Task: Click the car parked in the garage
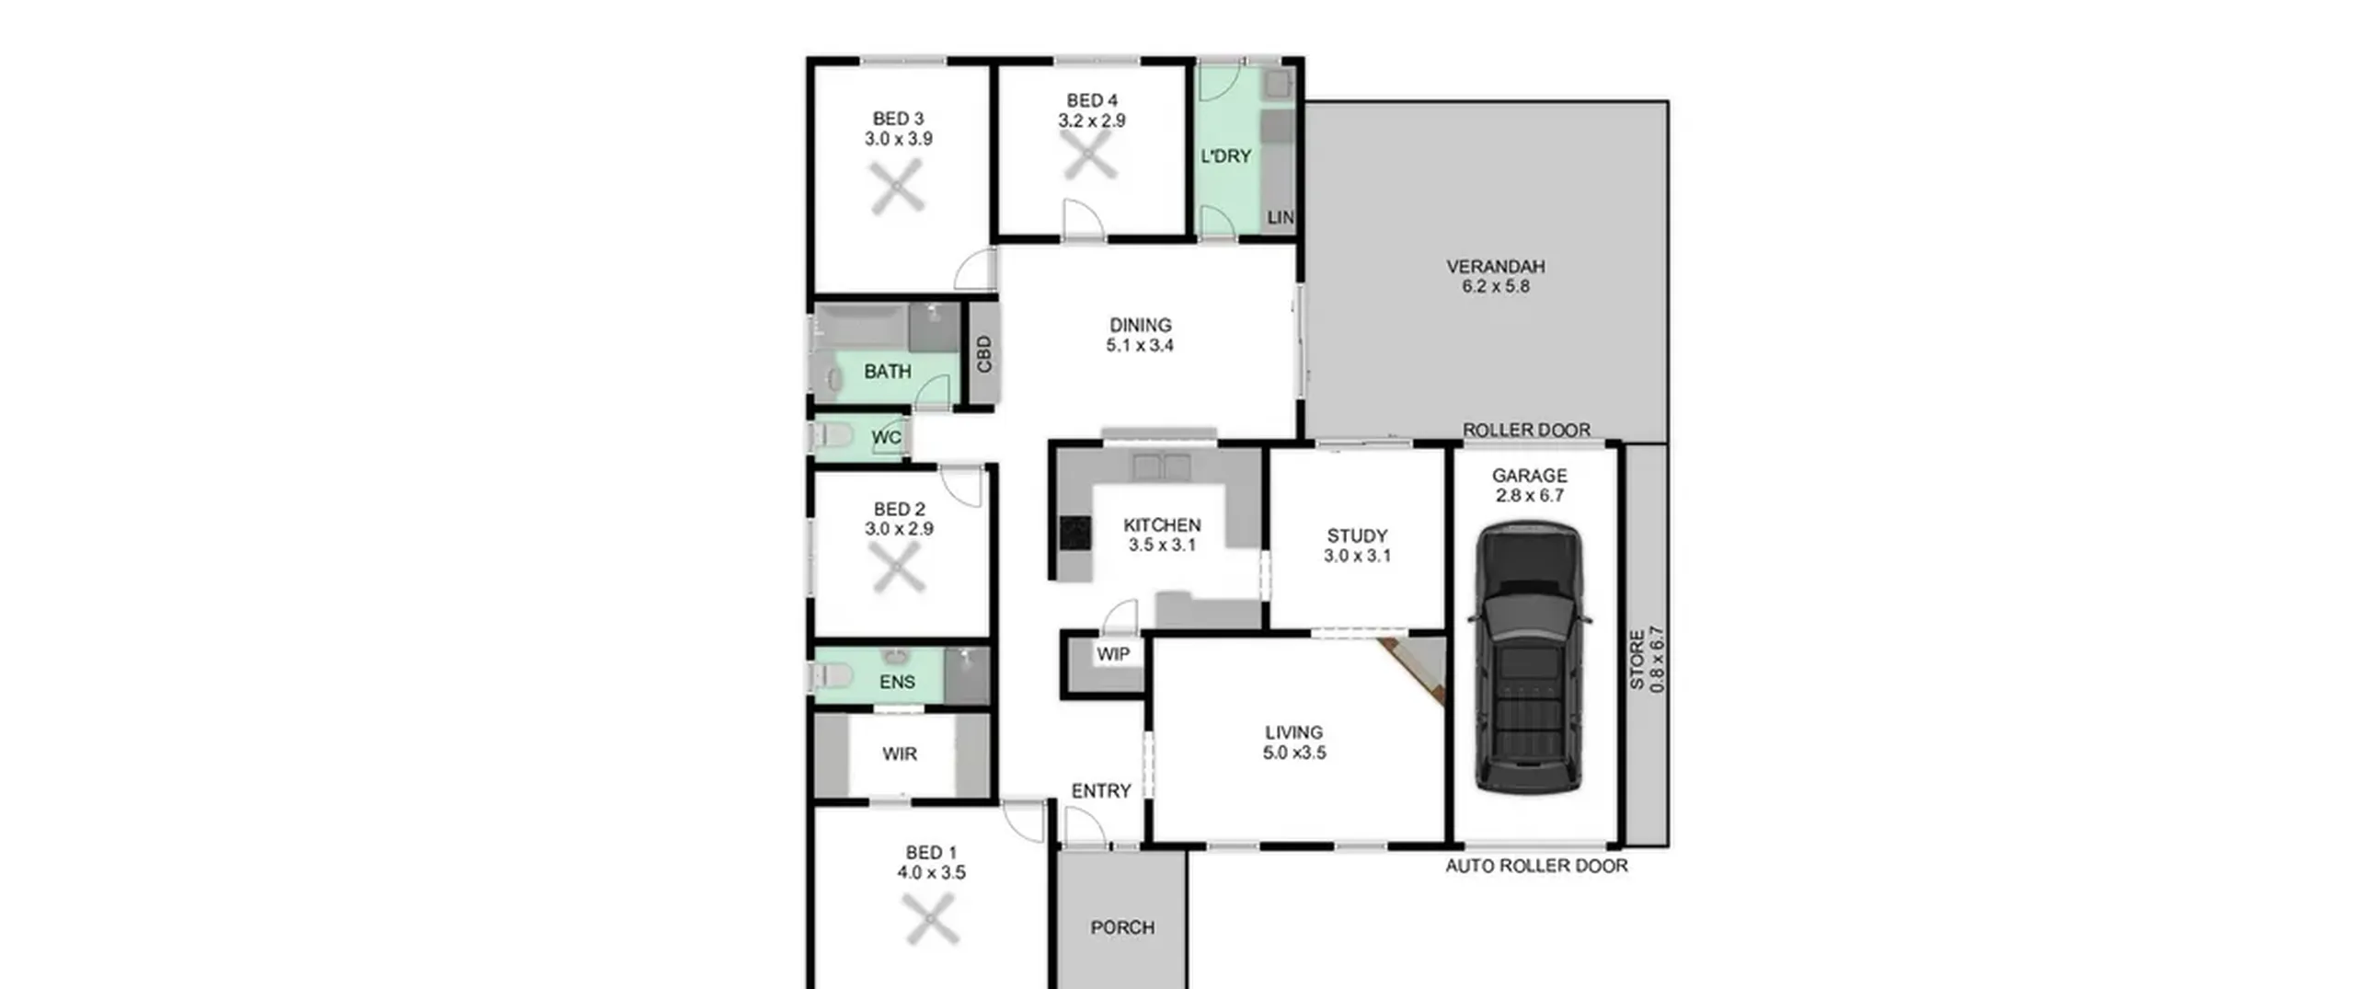coord(1529,658)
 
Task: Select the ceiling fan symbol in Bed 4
coord(1090,154)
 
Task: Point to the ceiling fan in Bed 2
coord(898,567)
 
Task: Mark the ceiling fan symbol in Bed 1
coord(932,920)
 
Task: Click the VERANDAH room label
coord(1495,267)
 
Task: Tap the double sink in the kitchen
coord(1162,466)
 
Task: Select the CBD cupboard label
coord(984,354)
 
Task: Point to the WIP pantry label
coord(1113,654)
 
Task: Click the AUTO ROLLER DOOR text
coord(1536,866)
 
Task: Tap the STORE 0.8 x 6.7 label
coord(1647,660)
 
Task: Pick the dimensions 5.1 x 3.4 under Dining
coord(1140,346)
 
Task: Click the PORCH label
coord(1122,927)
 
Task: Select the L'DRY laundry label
coord(1225,156)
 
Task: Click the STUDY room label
coord(1357,535)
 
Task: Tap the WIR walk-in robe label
coord(899,753)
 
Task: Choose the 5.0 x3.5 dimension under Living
coord(1293,753)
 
